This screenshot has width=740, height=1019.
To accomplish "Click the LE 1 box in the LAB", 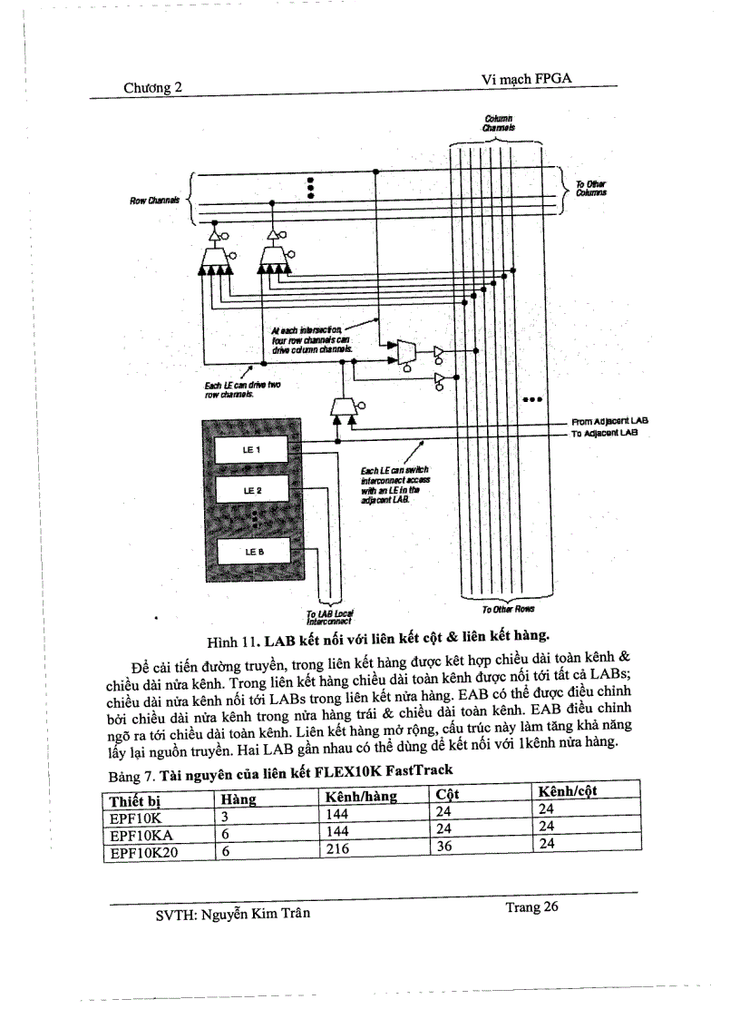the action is [x=250, y=449].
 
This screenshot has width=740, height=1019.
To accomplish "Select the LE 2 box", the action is [x=250, y=491].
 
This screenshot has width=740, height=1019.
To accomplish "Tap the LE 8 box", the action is [x=250, y=550].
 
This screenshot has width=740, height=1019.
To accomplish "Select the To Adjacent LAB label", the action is [x=605, y=434].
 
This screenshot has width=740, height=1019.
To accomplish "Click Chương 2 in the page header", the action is [x=153, y=87].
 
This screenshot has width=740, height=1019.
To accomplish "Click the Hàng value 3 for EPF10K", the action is [x=226, y=815].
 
